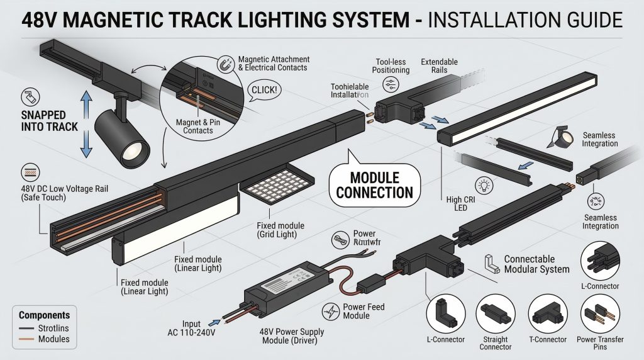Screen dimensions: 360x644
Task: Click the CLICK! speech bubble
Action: pyautogui.click(x=264, y=90)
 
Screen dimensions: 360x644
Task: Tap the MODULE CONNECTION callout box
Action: pyautogui.click(x=374, y=185)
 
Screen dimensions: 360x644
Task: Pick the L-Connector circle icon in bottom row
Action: pyautogui.click(x=445, y=314)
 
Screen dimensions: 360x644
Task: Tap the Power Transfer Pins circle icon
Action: pyautogui.click(x=599, y=314)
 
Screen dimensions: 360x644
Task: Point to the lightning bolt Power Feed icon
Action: pyautogui.click(x=331, y=310)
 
